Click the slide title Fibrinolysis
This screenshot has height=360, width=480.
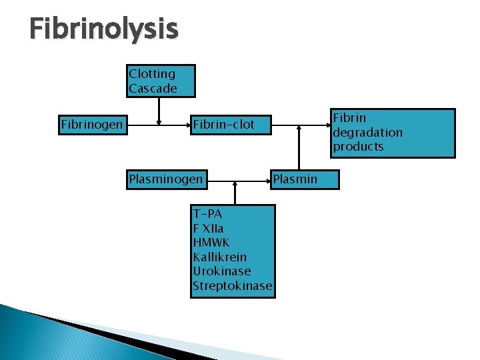[x=104, y=29]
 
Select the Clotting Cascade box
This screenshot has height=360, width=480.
[x=161, y=81]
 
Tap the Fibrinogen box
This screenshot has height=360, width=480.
[x=93, y=125]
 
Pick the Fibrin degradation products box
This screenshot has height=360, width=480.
[x=393, y=133]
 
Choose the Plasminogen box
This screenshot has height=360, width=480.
[x=165, y=179]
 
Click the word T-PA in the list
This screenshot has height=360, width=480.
[x=207, y=214]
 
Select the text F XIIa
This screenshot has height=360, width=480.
[x=208, y=229]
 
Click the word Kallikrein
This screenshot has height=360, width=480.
[x=219, y=257]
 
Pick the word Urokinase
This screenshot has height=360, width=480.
[x=221, y=271]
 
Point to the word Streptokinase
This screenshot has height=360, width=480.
[x=232, y=286]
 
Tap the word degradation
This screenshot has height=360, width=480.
[x=367, y=133]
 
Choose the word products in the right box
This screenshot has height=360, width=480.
[x=359, y=147]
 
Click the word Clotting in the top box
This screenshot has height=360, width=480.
[x=152, y=74]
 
